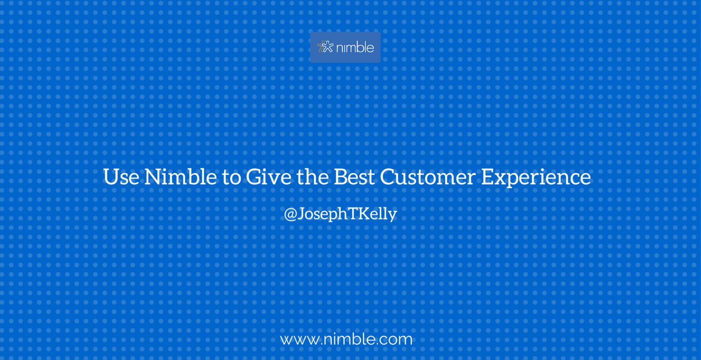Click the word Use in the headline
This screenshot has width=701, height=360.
click(x=121, y=177)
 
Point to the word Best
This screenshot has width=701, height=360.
click(x=354, y=177)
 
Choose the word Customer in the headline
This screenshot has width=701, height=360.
click(x=427, y=177)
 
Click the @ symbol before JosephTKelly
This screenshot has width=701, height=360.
click(x=290, y=214)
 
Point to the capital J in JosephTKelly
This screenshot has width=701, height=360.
click(x=301, y=214)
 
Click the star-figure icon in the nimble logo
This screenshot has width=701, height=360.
click(x=325, y=47)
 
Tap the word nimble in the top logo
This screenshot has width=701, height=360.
click(x=355, y=47)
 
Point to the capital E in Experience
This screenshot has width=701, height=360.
click(x=487, y=177)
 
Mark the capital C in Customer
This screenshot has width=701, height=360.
click(x=387, y=177)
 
